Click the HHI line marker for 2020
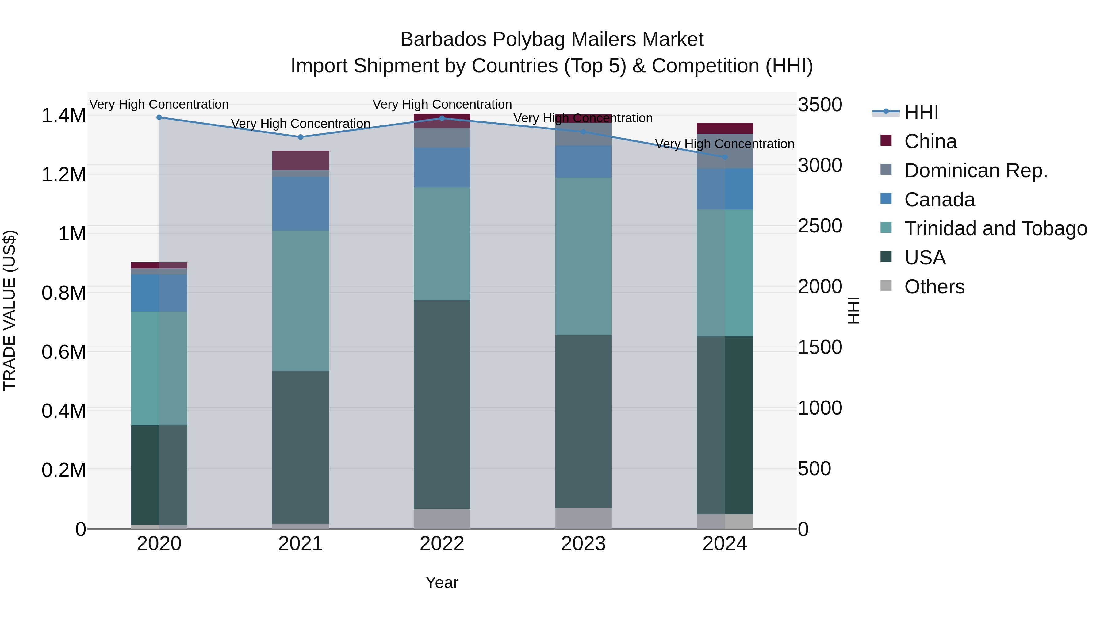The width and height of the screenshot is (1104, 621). pyautogui.click(x=159, y=117)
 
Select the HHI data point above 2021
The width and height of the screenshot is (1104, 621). pyautogui.click(x=301, y=137)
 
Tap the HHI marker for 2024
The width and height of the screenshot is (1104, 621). pyautogui.click(x=725, y=157)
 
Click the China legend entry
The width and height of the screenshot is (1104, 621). pyautogui.click(x=930, y=141)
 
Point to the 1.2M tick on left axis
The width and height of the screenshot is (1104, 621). pyautogui.click(x=63, y=175)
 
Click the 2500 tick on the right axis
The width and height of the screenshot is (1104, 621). pyautogui.click(x=819, y=226)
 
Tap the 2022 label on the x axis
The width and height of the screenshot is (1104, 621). pyautogui.click(x=442, y=544)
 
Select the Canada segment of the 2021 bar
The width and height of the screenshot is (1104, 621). pyautogui.click(x=301, y=204)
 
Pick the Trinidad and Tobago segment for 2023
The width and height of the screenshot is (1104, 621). pyautogui.click(x=583, y=256)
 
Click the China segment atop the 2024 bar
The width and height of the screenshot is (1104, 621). pyautogui.click(x=725, y=128)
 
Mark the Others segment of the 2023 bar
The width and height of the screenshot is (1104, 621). pyautogui.click(x=583, y=518)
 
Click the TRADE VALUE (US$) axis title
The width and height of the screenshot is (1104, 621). pyautogui.click(x=10, y=310)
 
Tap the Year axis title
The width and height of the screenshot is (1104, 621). pyautogui.click(x=442, y=582)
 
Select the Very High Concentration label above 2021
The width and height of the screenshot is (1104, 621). pyautogui.click(x=301, y=123)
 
